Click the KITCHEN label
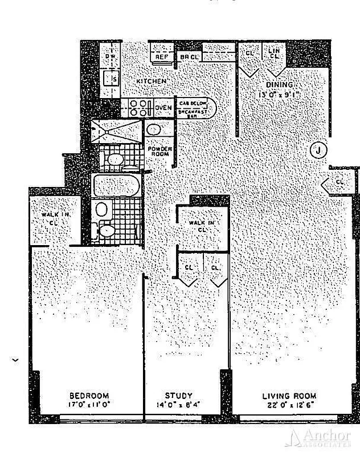click(x=151, y=82)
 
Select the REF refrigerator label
click(x=161, y=57)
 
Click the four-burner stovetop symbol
click(x=139, y=108)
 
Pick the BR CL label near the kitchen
click(x=189, y=57)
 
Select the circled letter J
click(x=320, y=150)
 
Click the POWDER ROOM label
click(x=159, y=151)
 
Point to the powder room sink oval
click(x=154, y=129)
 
